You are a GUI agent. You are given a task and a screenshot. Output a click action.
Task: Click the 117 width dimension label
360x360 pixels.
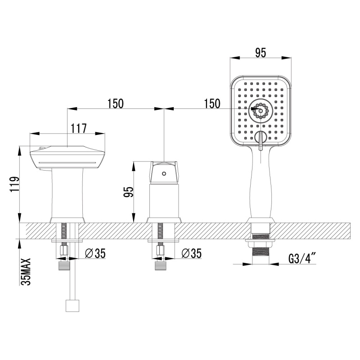point(78,129)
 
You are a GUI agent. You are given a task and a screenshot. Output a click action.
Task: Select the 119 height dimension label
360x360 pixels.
point(14,184)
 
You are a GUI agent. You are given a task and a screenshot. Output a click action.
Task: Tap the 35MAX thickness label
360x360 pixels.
point(26,272)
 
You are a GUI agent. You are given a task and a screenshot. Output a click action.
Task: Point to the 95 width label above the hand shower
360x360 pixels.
point(261,53)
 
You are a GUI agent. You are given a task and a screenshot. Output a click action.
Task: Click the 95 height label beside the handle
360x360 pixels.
point(129,192)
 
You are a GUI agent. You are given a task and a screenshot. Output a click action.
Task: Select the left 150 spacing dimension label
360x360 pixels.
point(116,103)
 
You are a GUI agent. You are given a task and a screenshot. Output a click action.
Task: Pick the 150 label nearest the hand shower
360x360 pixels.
point(212,103)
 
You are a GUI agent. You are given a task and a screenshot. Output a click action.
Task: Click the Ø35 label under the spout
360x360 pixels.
point(95,253)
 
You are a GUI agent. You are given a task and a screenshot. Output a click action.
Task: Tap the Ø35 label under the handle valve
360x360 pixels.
point(191,253)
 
